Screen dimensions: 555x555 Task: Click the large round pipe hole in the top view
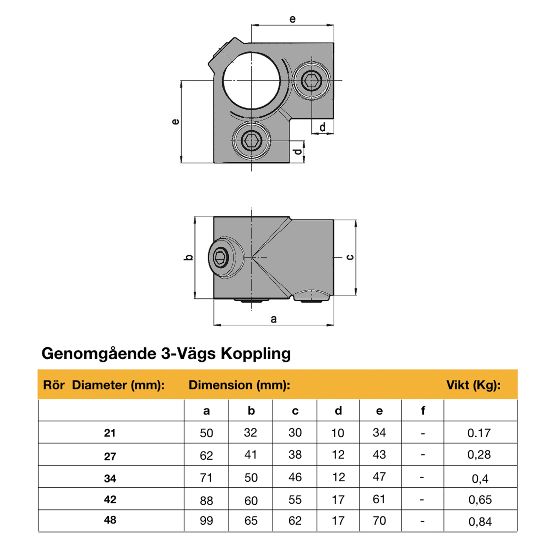[x=251, y=81]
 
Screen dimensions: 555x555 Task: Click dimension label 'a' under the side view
[x=274, y=319]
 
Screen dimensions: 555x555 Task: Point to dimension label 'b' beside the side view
[x=188, y=257]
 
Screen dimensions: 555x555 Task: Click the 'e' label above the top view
[x=292, y=19]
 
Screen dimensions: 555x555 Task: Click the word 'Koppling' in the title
[x=256, y=353]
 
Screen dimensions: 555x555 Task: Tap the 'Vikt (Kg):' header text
[x=473, y=385]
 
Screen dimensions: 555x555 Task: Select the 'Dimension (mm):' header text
[x=239, y=385]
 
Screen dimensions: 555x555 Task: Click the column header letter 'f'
[x=423, y=410]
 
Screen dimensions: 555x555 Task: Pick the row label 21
[x=110, y=433]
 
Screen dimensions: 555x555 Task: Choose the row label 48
[x=110, y=520]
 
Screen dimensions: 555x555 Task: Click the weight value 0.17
[x=479, y=433]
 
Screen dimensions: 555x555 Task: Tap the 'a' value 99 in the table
[x=206, y=521]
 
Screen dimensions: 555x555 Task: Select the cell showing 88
[x=206, y=501]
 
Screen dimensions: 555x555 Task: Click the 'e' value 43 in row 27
[x=379, y=455]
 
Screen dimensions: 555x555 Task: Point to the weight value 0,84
[x=480, y=521]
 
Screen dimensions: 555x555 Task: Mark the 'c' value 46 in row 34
[x=295, y=477]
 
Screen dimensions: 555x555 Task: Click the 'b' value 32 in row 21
[x=250, y=432]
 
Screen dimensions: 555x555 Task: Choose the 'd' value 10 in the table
[x=337, y=433]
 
